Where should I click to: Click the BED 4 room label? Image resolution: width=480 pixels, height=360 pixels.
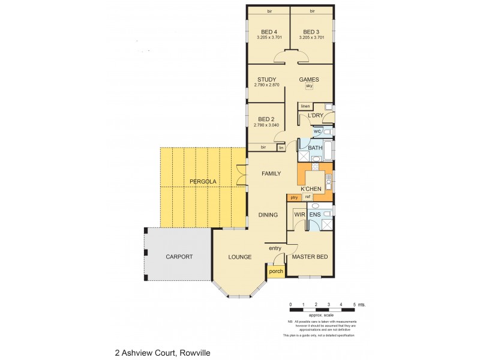pos(269,32)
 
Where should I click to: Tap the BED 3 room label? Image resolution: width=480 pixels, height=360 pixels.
pos(311,32)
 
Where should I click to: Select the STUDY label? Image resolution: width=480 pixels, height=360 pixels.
pos(266,79)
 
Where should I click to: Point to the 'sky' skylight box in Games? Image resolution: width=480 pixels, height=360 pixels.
pos(310,86)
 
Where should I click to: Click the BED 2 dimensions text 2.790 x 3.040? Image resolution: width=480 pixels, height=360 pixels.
pos(266,125)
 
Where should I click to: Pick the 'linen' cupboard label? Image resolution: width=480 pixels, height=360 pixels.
pos(305,106)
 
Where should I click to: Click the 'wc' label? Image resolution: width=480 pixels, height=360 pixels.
pos(317,131)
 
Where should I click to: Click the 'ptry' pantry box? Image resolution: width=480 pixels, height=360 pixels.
pos(294,197)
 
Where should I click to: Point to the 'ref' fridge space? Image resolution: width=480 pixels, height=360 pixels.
pos(307,197)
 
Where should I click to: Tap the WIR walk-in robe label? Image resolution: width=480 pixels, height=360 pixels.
pos(298,214)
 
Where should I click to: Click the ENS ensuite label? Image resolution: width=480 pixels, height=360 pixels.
pos(314,214)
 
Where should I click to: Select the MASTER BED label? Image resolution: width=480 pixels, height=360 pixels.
pos(310,257)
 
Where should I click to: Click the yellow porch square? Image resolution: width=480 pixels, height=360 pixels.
pos(275,271)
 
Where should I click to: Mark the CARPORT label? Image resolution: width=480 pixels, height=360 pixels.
pos(179,257)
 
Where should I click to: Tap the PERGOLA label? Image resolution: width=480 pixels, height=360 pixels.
pos(203,181)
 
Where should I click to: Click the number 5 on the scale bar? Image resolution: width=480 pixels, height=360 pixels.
pos(354,305)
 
